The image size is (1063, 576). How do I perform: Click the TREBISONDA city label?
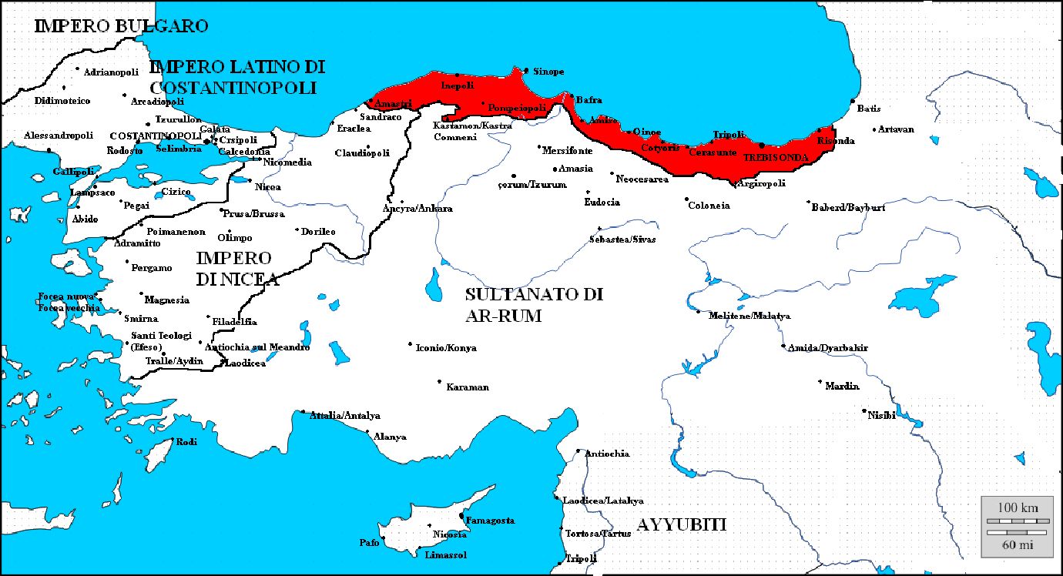pos(776,157)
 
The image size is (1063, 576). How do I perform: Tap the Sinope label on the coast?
pos(548,72)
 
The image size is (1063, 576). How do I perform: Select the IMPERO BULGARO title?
pos(122,25)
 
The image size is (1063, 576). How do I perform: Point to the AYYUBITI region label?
pos(682,525)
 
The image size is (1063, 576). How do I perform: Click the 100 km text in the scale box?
pos(1018,507)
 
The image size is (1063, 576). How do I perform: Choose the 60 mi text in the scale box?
pos(1018,544)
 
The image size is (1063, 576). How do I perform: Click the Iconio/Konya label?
pos(446,348)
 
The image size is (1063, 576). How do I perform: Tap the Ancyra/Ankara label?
pos(417,209)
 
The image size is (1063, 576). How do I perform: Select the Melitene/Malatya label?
pos(749,316)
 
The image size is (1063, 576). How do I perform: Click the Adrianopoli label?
pos(112,72)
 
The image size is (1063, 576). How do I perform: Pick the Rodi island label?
pos(187,442)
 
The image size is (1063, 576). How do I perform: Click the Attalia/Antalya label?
pos(345,416)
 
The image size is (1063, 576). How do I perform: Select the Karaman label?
pos(468,387)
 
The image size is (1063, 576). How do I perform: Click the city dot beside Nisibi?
pos(864,410)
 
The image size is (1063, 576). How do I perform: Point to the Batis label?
pos(869,109)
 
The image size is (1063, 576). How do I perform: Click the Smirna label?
pos(141,318)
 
